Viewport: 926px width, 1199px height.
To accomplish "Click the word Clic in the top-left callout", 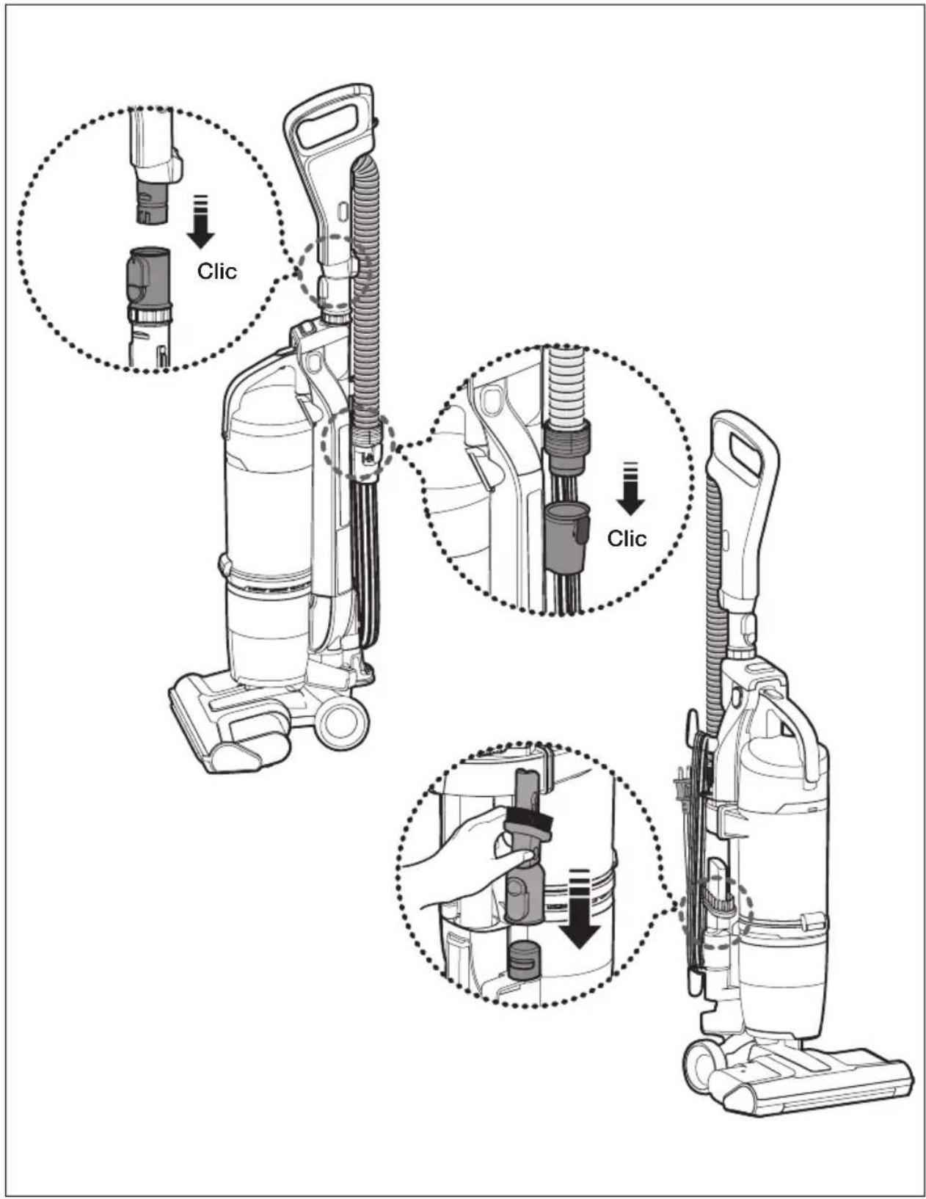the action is click(x=216, y=271).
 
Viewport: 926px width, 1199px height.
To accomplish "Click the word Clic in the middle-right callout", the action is click(x=627, y=538).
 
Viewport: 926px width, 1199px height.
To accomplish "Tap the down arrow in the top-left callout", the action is click(x=201, y=221).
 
